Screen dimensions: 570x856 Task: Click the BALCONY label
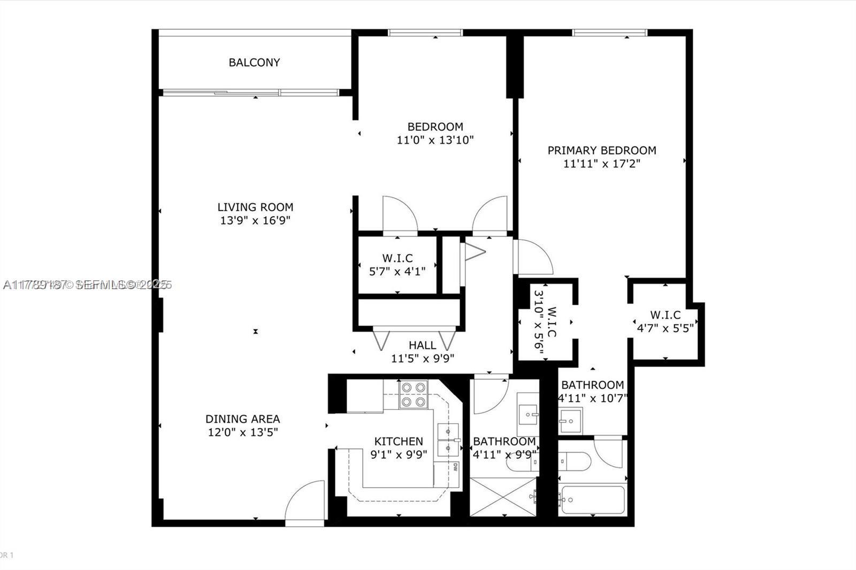[x=254, y=63]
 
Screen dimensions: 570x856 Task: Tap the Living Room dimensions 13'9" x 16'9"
[x=255, y=220]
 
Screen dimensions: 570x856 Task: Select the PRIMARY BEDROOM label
[x=601, y=150]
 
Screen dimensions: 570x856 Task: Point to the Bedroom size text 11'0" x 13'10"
[x=435, y=140]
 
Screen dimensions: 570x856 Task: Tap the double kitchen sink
[x=448, y=439]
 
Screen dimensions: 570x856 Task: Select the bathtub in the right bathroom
[x=592, y=500]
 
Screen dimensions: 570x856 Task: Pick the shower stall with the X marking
[x=502, y=497]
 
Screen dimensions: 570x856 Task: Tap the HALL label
[x=422, y=345]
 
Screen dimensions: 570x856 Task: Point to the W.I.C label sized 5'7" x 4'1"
[x=397, y=258]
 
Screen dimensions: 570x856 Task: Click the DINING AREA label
[x=242, y=419]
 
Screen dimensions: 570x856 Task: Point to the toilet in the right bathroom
[x=572, y=461]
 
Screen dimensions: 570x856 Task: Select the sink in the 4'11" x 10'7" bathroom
[x=570, y=421]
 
